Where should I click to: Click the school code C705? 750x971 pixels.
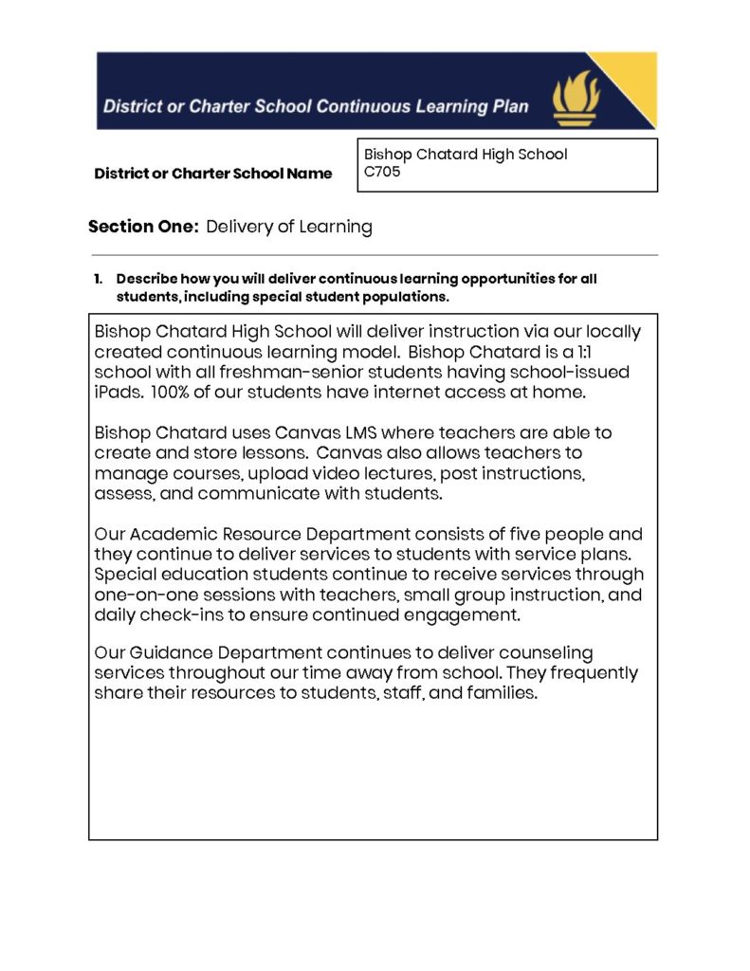tap(382, 173)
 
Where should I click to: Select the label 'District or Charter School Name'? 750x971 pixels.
tap(213, 174)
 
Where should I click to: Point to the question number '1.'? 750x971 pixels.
tap(99, 279)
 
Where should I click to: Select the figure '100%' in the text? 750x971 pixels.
tap(174, 393)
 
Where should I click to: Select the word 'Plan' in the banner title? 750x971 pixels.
tap(511, 106)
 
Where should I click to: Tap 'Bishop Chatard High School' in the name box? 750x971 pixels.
tap(466, 154)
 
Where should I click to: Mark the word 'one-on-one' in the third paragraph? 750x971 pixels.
tap(140, 595)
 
